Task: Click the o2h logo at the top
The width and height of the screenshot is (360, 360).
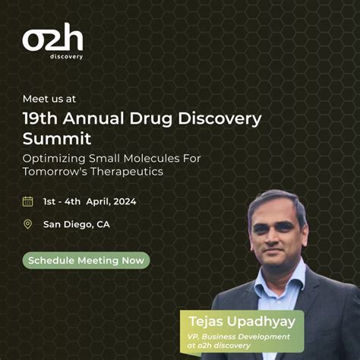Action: click(x=52, y=39)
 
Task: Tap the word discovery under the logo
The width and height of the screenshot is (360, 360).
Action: click(x=68, y=56)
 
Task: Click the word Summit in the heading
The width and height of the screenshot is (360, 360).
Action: click(x=57, y=139)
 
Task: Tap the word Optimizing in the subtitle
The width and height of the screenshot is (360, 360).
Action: click(x=55, y=158)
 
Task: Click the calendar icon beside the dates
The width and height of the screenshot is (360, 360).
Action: click(x=28, y=201)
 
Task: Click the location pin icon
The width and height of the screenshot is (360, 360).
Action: click(x=28, y=224)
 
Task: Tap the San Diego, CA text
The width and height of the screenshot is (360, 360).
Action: click(x=76, y=224)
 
